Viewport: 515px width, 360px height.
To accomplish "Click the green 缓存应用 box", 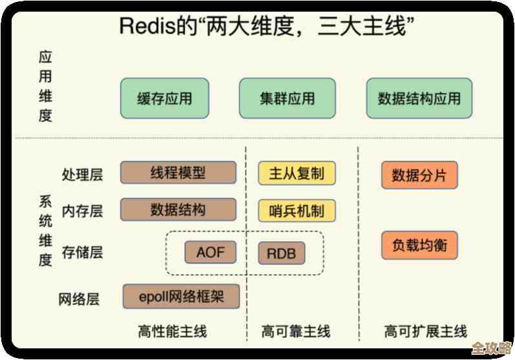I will point(164,98).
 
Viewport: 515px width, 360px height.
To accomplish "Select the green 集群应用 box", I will point(287,98).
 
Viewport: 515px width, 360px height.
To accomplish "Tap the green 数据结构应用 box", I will point(419,98).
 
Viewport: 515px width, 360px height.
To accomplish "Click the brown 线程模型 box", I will point(178,173).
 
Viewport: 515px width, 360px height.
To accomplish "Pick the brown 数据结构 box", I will point(178,209).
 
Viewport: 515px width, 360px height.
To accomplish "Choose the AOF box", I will point(210,251).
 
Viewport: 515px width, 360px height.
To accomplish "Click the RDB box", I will point(281,253).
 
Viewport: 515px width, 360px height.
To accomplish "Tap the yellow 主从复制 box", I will point(297,174).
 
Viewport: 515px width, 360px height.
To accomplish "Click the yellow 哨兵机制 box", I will point(297,211).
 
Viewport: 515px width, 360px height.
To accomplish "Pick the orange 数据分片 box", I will point(419,175).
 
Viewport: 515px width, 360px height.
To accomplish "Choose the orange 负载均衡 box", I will point(419,246).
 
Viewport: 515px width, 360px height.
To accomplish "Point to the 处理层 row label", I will point(82,175).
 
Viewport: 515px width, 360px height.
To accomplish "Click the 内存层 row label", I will point(82,211).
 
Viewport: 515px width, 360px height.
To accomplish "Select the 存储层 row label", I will point(82,252).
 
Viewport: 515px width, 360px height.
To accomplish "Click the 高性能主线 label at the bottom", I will point(173,332).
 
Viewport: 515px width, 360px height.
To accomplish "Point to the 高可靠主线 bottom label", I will point(296,332).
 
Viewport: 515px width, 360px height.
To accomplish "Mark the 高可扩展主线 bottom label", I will point(425,332).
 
